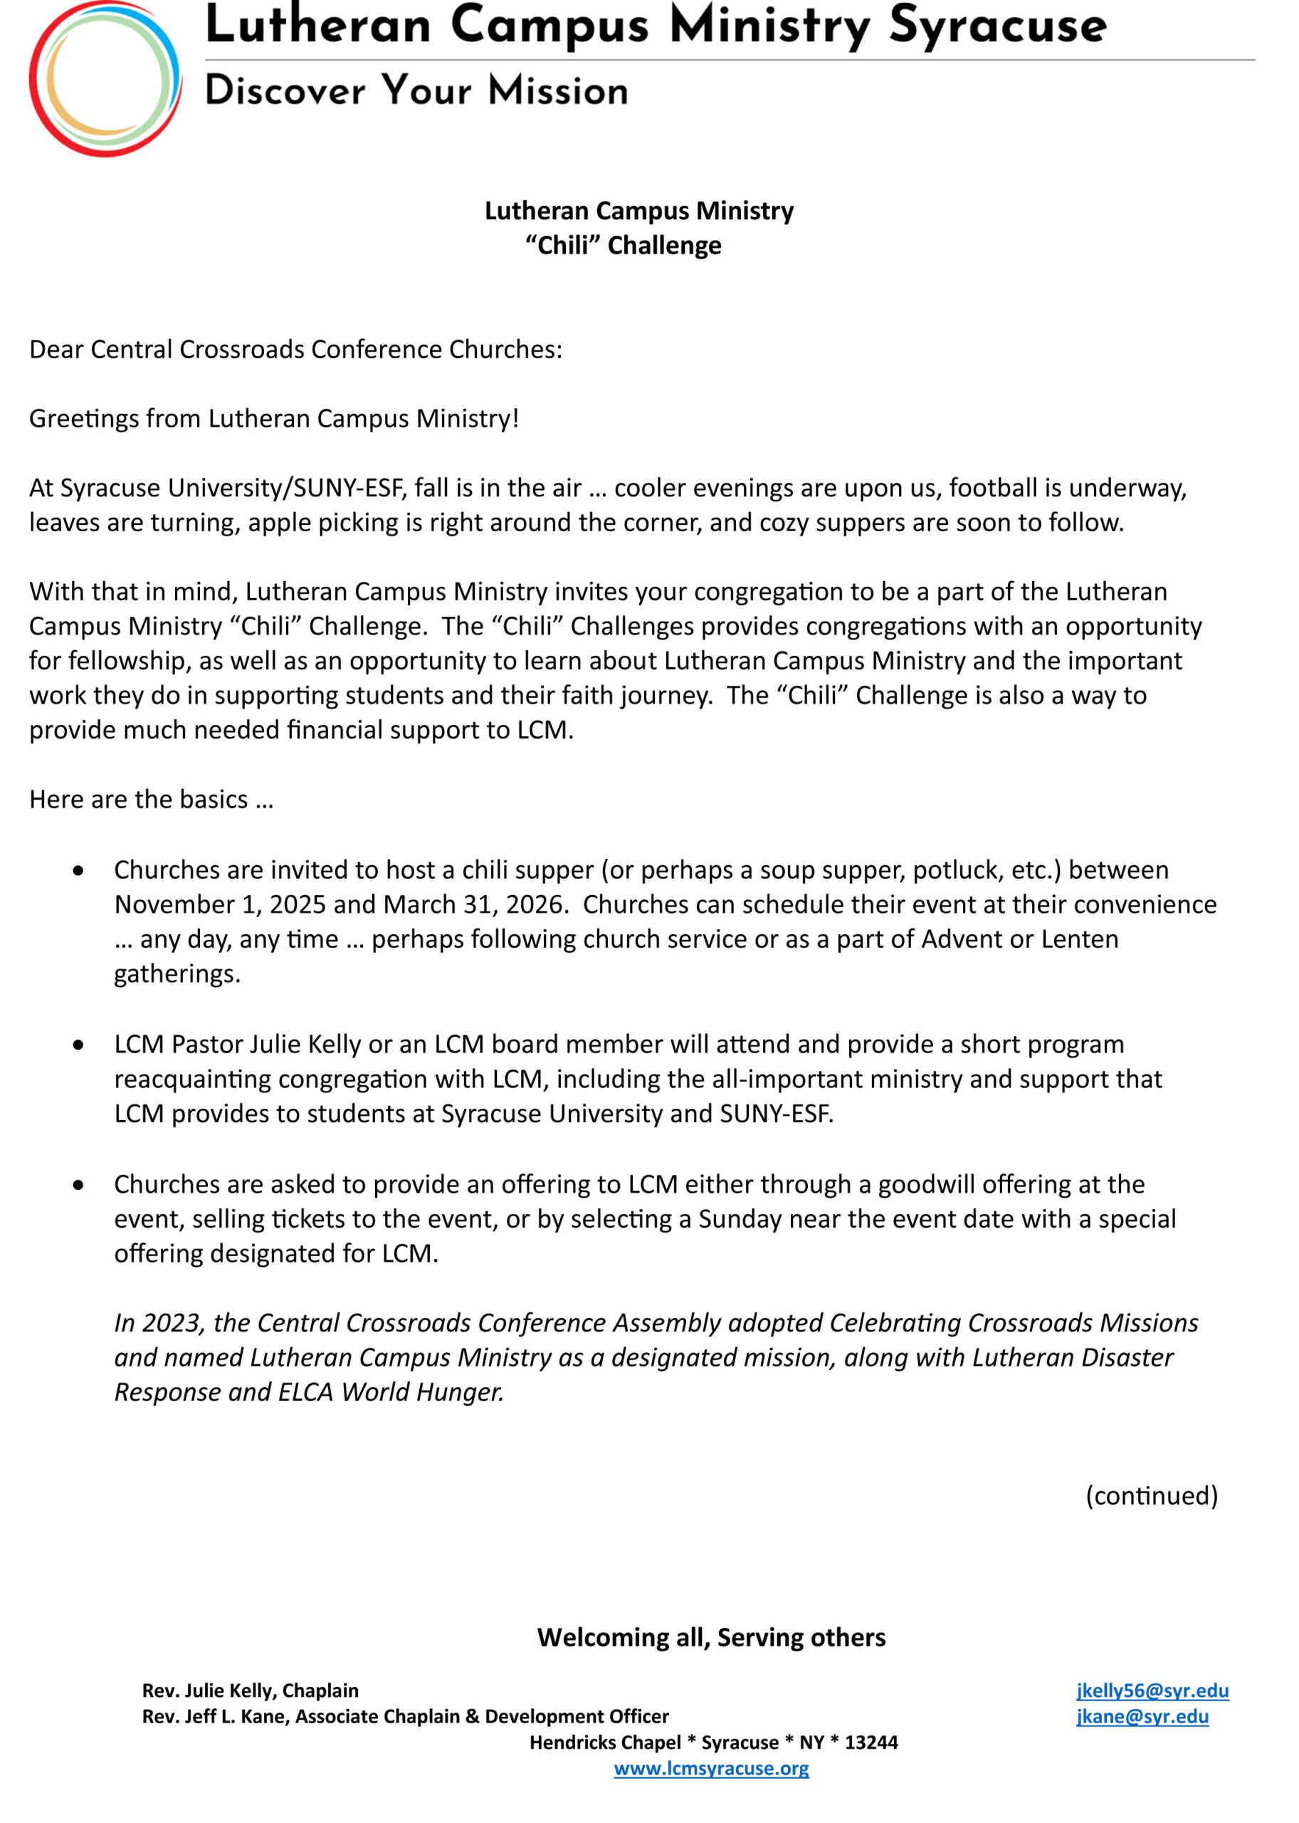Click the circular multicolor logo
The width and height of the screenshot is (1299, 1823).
coord(105,79)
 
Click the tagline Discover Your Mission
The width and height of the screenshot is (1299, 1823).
coord(416,90)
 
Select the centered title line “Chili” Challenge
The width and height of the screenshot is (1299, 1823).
coord(623,245)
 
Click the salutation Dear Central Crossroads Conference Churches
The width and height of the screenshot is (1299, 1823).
coord(295,350)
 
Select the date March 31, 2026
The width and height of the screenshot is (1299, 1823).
coord(475,904)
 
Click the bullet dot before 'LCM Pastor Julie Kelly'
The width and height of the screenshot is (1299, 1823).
coord(78,1045)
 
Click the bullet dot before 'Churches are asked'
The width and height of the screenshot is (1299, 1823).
coord(78,1184)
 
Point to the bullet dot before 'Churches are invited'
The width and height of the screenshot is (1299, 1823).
coord(78,870)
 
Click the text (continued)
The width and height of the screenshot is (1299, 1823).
coord(1151,1495)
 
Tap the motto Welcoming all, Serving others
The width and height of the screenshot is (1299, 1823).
coord(711,1637)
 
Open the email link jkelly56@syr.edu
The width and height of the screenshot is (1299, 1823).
coord(1152,1690)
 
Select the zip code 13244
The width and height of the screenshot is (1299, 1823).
coord(871,1742)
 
